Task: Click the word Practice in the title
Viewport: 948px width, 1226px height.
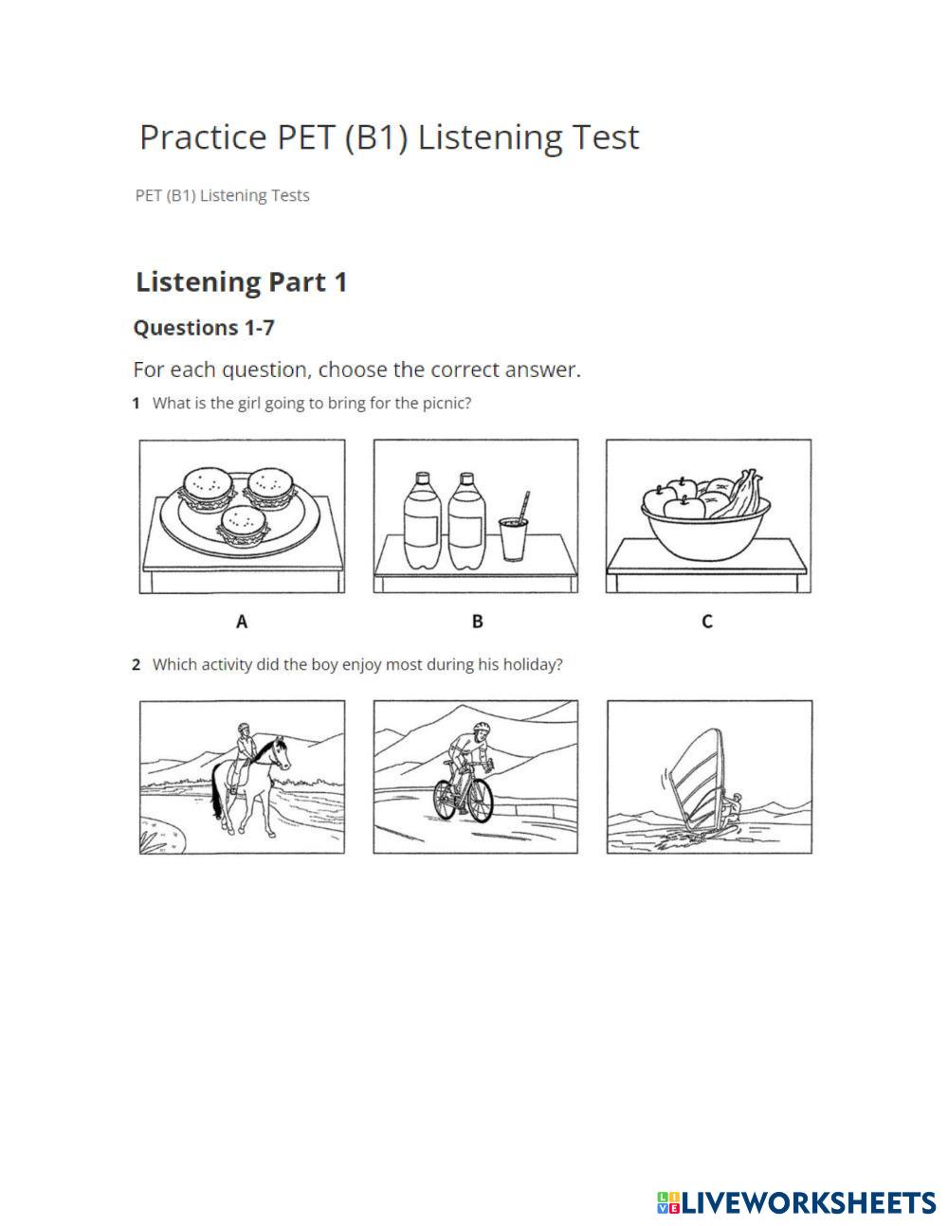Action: [x=203, y=137]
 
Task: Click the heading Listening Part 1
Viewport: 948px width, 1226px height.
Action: [x=241, y=282]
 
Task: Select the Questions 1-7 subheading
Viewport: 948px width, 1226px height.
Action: [x=204, y=328]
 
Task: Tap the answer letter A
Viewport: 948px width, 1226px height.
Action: [x=242, y=622]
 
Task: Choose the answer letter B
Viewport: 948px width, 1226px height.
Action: [x=478, y=622]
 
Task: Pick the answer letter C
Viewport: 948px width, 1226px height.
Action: [x=707, y=622]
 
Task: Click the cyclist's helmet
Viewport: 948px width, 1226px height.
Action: [x=482, y=727]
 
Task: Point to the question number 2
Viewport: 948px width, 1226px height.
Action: [x=136, y=664]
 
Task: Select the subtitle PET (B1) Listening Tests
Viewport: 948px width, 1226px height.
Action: [x=223, y=196]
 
